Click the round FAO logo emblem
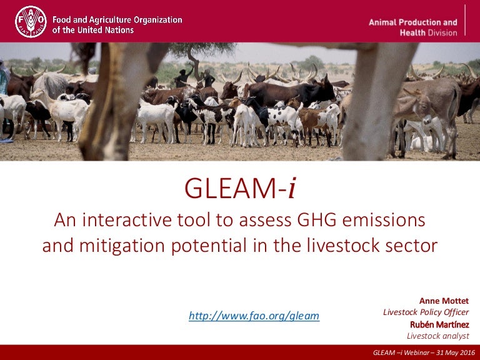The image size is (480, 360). [31, 22]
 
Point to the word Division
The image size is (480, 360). [442, 32]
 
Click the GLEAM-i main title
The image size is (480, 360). [240, 188]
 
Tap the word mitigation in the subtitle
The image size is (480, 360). [122, 246]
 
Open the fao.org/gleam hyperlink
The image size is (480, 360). [254, 316]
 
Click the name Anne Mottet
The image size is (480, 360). [444, 301]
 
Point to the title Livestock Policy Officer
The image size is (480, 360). [426, 312]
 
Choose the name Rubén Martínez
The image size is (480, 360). [439, 324]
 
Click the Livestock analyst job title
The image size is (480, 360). [438, 336]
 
